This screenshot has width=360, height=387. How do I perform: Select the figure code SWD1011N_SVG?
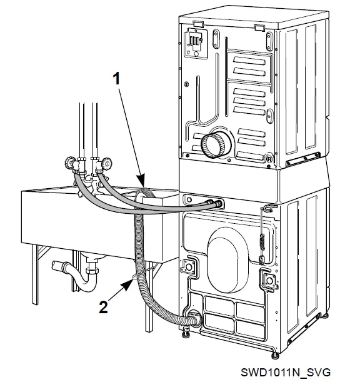point(285,373)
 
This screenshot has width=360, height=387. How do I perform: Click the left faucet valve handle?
point(67,165)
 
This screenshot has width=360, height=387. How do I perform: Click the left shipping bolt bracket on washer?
point(186,268)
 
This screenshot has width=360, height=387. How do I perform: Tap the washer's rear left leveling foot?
point(186,338)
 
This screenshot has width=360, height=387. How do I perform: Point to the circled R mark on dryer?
point(268,159)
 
